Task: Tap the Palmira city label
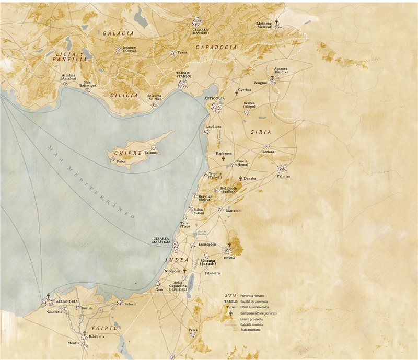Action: (x=283, y=176)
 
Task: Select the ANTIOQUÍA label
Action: (x=214, y=98)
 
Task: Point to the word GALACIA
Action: (x=118, y=33)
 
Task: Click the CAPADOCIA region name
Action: (x=216, y=47)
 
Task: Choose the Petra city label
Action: (x=193, y=330)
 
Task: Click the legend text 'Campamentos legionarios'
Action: (x=258, y=313)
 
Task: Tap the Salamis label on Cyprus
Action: (x=150, y=153)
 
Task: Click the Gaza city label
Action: (x=159, y=289)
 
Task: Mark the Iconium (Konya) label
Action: (x=129, y=49)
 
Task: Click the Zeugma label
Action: (x=260, y=83)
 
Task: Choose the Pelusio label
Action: (x=130, y=304)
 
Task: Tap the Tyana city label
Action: (x=182, y=52)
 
